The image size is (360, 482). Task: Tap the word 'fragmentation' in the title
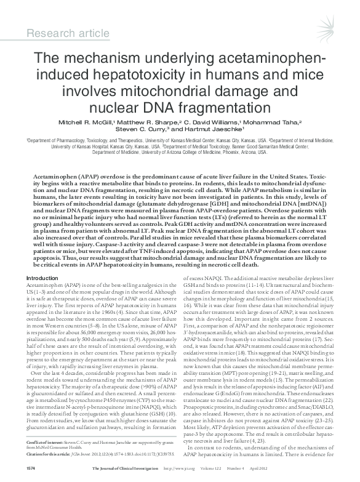pyautogui.click(x=216, y=109)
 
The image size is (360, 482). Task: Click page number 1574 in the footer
pyautogui.click(x=30, y=475)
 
